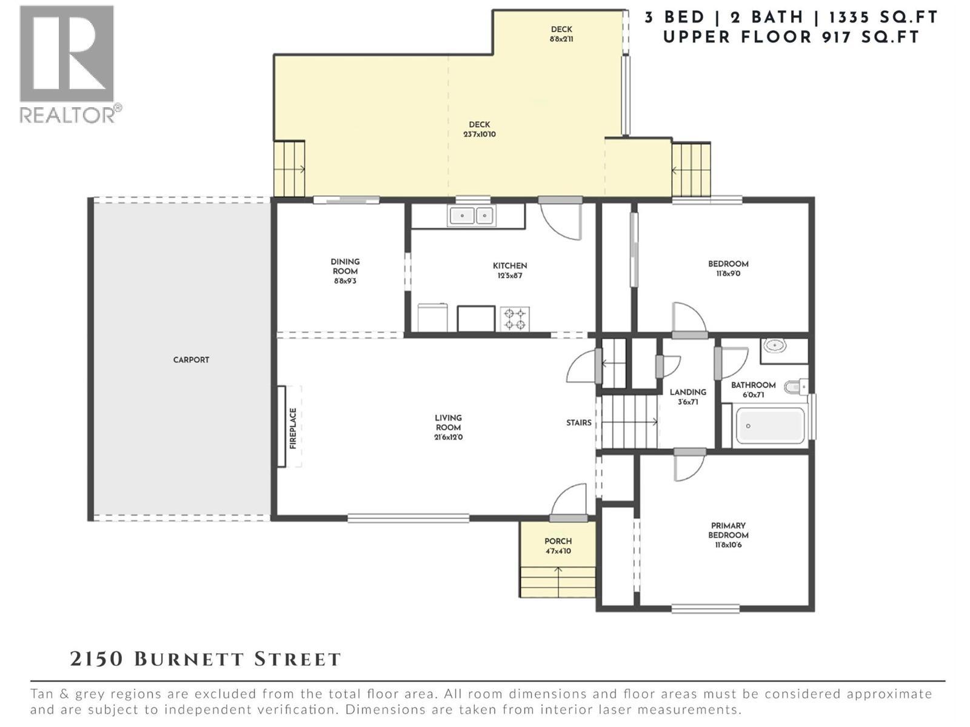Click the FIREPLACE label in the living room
(293, 428)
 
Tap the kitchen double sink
(471, 215)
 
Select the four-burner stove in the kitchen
(515, 319)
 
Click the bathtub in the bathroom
(769, 426)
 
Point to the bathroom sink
(774, 346)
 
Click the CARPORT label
(191, 360)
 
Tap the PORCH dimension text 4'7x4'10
(558, 551)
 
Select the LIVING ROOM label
(448, 422)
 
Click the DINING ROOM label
(345, 267)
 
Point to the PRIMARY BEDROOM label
(728, 530)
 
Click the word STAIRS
(578, 423)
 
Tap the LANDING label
(687, 392)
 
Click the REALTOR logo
(67, 64)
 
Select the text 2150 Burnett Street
(206, 659)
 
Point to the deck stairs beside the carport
(289, 169)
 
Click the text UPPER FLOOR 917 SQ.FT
(791, 37)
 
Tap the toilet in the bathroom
(795, 386)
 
